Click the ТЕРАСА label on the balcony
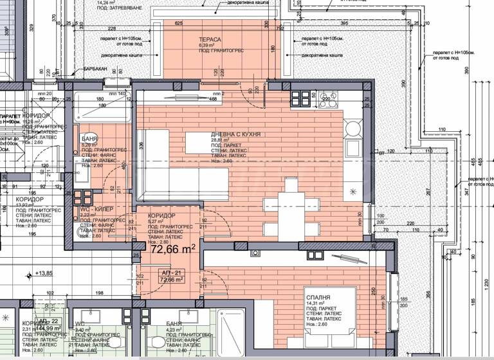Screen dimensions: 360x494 click(210, 39)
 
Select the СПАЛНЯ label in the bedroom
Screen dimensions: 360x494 click(319, 298)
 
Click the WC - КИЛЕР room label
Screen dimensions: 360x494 click(96, 210)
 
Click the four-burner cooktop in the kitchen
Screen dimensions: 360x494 click(300, 98)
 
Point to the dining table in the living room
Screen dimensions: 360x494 click(291, 205)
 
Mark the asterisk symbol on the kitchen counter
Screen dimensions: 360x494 click(352, 192)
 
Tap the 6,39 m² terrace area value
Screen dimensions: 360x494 click(206, 46)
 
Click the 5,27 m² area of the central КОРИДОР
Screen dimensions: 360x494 click(157, 221)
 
